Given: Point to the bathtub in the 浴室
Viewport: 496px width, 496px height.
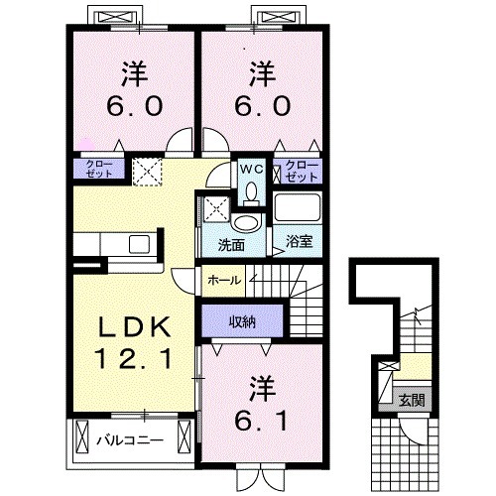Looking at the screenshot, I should [x=297, y=209].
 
